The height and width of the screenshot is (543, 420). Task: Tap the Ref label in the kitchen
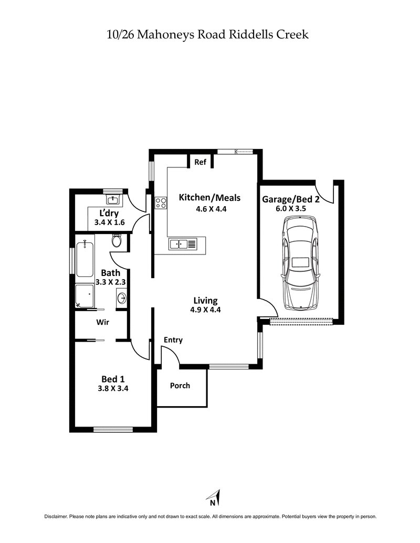200,162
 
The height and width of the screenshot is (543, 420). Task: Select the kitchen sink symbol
183,243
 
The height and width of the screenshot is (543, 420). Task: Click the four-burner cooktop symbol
161,203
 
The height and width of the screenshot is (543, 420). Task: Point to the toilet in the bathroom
117,241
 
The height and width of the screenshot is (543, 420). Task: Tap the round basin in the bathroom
122,298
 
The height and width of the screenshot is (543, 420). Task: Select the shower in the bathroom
85,296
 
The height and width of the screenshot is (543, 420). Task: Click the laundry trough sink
112,199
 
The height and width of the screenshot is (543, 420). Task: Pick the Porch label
180,386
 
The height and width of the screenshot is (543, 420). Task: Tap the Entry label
173,340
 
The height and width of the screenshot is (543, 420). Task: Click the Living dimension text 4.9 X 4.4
205,310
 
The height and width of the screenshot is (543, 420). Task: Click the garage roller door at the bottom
301,321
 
